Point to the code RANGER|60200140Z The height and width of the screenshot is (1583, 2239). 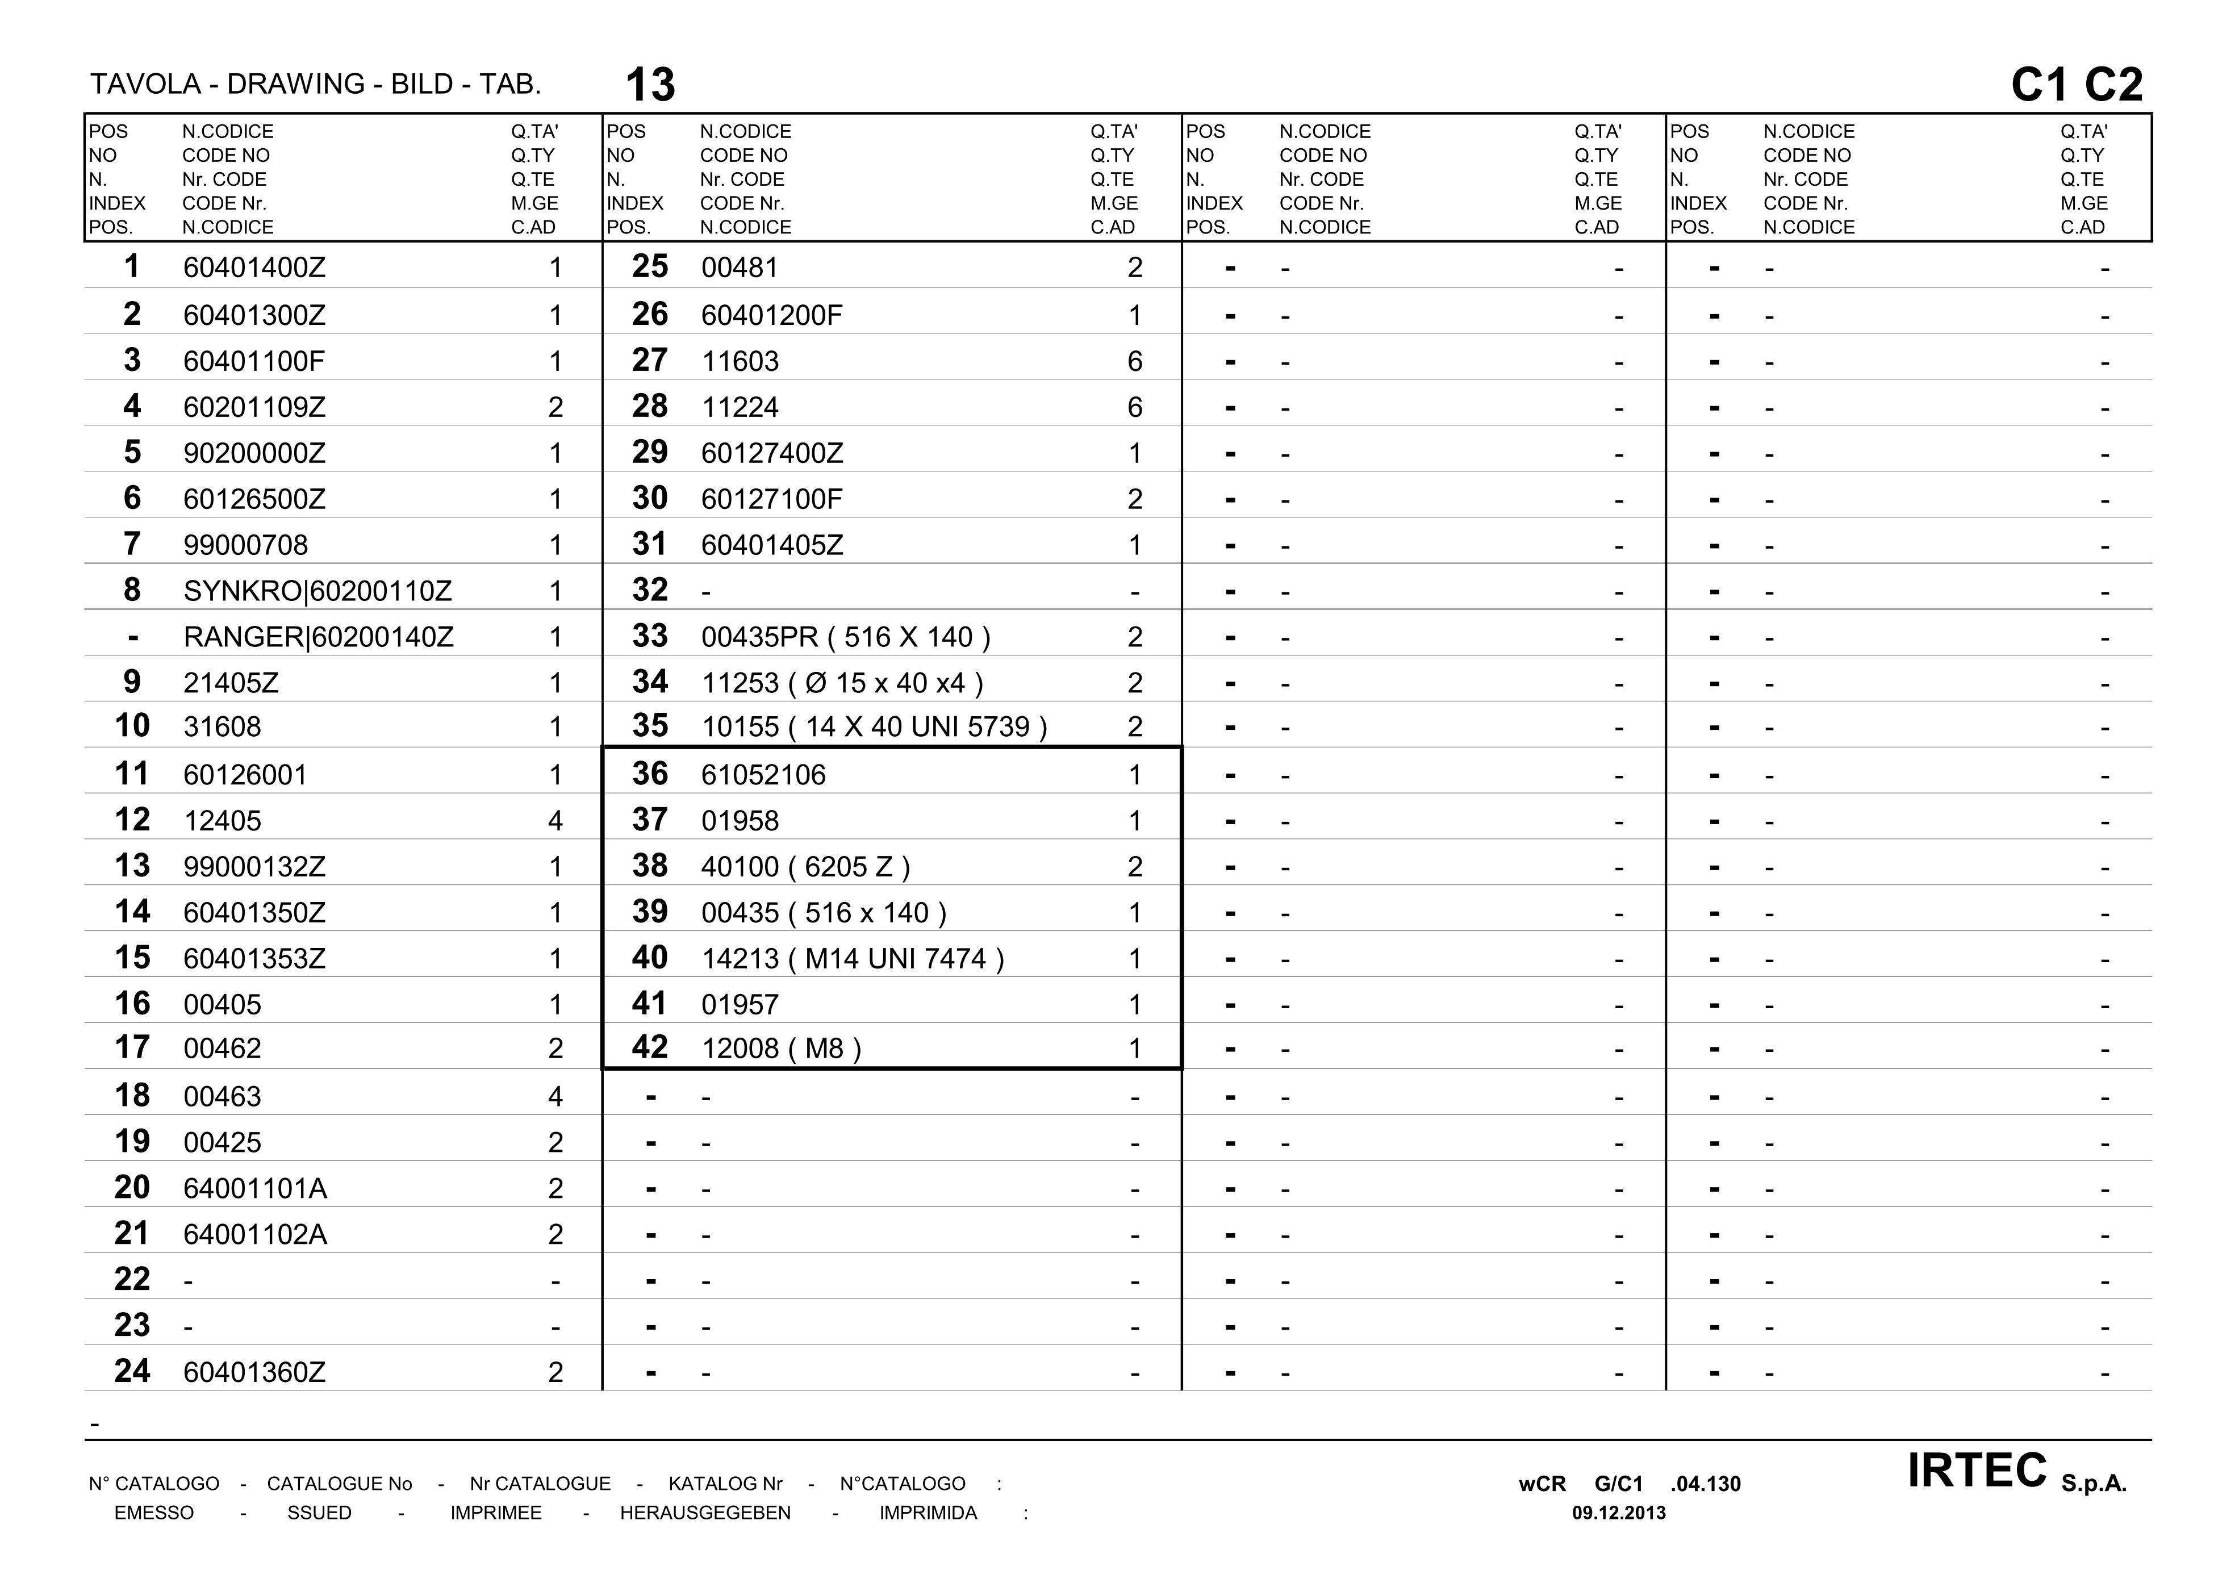(x=318, y=637)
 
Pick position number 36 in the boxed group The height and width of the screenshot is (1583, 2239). (x=649, y=774)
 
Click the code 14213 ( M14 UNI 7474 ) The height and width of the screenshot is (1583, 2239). (x=853, y=959)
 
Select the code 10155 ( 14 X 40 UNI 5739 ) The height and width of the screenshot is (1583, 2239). (x=874, y=726)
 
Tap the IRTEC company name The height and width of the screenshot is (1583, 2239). (x=1977, y=1471)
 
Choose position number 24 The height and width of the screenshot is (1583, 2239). (x=132, y=1371)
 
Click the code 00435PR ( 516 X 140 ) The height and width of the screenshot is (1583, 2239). (x=846, y=637)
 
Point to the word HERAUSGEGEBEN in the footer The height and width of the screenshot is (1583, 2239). (x=705, y=1513)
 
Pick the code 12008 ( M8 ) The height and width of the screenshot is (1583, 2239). (x=781, y=1049)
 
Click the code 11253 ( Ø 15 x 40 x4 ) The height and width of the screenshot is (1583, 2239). (x=842, y=683)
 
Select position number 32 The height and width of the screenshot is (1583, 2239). (x=649, y=590)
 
